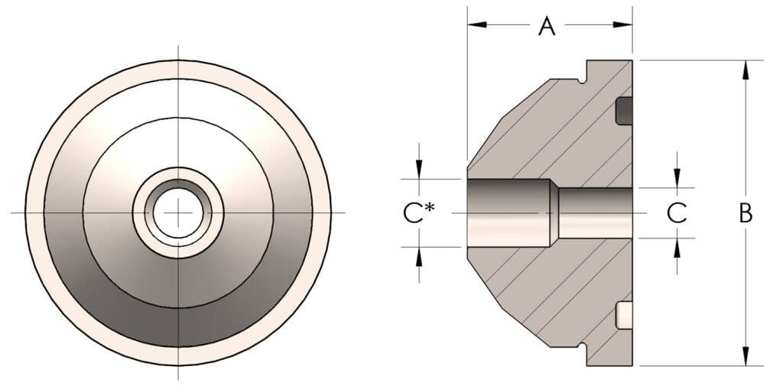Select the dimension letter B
coord(746,213)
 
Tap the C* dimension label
coord(419,213)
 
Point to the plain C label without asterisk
coord(677,213)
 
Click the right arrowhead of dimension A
coord(622,24)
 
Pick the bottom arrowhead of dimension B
coord(746,356)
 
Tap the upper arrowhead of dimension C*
coord(419,169)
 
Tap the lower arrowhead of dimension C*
coord(419,257)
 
